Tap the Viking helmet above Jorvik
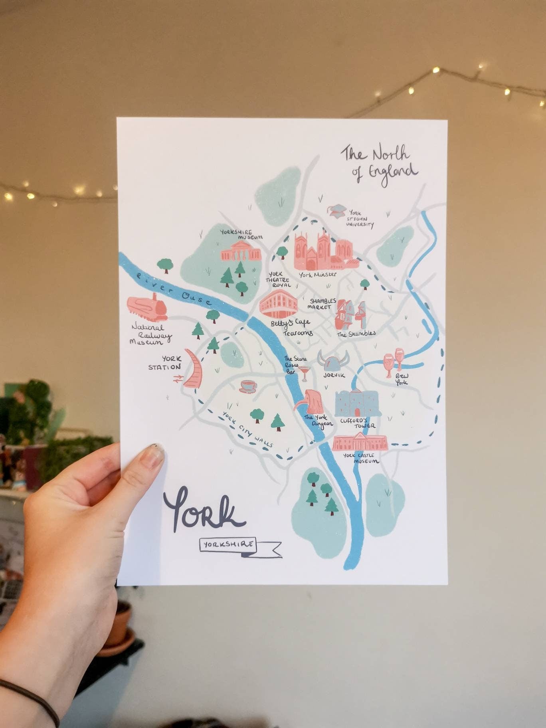coord(332,362)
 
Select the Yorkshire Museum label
coord(241,234)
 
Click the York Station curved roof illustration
coord(194,369)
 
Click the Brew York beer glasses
coord(393,361)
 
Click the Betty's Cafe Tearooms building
coord(279,305)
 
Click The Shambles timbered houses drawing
coord(351,315)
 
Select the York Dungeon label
coord(318,421)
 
